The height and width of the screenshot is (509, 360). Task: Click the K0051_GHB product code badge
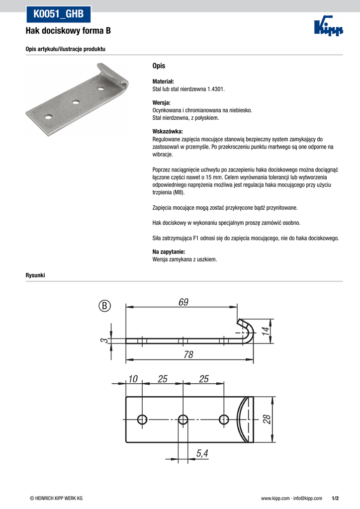point(58,14)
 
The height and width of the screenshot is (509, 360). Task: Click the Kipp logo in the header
point(329,28)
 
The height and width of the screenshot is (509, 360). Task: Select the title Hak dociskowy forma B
point(68,31)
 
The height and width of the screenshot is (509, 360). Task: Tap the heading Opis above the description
point(159,66)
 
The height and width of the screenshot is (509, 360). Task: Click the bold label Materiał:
point(163,82)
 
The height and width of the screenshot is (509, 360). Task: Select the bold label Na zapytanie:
point(169,252)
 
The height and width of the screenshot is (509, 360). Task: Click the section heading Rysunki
point(35,275)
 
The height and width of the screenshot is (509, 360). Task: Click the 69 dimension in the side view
point(183,302)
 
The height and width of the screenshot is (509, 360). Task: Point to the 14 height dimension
point(266,330)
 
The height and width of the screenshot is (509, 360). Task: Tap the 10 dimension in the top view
point(132,379)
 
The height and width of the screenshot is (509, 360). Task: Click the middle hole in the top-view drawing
point(183,419)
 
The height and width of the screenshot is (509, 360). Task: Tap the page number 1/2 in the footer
point(335,498)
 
